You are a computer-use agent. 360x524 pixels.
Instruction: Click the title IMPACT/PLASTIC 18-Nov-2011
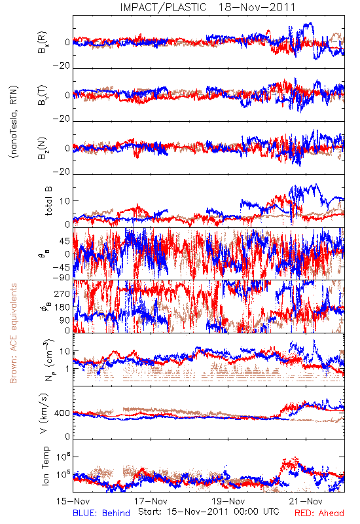[x=207, y=7]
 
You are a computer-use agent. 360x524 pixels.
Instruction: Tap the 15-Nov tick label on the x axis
[x=73, y=501]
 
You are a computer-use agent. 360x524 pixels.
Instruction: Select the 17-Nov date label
[x=151, y=501]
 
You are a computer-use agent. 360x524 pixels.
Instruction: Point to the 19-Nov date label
[x=228, y=501]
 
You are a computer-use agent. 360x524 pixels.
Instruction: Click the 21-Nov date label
[x=306, y=501]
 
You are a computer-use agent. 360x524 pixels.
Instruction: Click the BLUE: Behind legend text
[x=101, y=513]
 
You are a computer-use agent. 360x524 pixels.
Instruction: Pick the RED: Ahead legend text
[x=319, y=513]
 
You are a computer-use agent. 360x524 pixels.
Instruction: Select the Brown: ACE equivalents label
[x=13, y=333]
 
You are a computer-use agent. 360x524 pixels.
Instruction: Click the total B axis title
[x=48, y=201]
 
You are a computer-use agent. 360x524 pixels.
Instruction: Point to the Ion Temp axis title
[x=46, y=466]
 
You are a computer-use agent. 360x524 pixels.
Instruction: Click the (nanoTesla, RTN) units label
[x=14, y=122]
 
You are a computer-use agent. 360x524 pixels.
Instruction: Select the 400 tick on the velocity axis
[x=62, y=413]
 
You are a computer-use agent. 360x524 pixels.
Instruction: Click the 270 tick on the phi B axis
[x=62, y=293]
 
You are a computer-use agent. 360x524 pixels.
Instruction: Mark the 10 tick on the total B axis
[x=65, y=201]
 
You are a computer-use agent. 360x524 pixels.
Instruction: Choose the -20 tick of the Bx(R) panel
[x=61, y=65]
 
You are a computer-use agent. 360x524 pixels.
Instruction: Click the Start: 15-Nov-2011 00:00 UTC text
[x=208, y=512]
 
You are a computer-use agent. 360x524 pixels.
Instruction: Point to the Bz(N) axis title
[x=43, y=148]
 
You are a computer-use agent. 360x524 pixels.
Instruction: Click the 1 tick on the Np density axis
[x=67, y=369]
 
